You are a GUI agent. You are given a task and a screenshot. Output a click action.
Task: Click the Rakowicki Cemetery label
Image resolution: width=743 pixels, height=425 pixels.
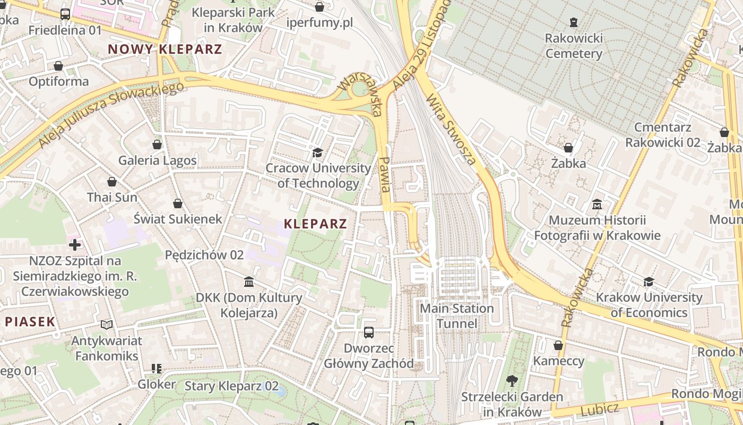click(574, 46)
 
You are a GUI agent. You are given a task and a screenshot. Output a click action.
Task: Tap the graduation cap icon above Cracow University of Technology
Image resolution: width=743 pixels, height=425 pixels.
click(317, 153)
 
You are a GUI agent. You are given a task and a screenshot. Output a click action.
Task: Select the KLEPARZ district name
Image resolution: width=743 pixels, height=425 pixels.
click(315, 224)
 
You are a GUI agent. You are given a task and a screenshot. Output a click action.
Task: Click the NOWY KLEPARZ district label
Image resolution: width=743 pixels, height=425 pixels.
click(165, 49)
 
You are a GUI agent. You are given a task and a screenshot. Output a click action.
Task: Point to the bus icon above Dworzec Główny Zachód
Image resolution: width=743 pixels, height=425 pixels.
click(369, 333)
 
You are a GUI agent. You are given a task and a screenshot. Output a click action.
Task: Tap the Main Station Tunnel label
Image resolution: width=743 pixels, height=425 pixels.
click(457, 316)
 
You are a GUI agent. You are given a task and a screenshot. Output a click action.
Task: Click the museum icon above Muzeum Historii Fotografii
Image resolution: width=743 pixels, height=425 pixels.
click(597, 204)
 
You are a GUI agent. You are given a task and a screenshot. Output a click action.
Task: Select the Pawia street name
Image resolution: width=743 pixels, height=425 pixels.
click(386, 174)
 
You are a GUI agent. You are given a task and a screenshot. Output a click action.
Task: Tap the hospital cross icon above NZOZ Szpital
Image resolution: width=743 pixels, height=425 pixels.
click(75, 245)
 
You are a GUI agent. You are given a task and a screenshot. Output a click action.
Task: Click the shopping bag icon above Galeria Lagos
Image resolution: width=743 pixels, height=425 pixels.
click(157, 144)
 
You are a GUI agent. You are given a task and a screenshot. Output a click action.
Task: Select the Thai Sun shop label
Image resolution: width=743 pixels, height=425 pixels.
click(112, 197)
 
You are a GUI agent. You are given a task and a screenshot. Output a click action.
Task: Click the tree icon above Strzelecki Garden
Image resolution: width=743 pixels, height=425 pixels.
click(512, 380)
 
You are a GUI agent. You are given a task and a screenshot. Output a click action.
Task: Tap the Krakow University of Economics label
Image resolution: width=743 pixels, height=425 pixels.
click(649, 304)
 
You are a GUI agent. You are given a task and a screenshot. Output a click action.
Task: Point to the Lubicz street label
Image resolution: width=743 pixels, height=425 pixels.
click(600, 409)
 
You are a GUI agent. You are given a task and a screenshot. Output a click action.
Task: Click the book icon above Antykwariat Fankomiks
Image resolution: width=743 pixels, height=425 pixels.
click(106, 324)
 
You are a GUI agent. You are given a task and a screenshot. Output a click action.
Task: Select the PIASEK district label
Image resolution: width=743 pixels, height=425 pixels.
click(30, 321)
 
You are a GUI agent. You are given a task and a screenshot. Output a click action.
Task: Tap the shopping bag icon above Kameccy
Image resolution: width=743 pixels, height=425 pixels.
click(558, 345)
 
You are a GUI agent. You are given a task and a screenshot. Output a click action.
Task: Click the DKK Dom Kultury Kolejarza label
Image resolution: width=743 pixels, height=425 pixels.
click(249, 305)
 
